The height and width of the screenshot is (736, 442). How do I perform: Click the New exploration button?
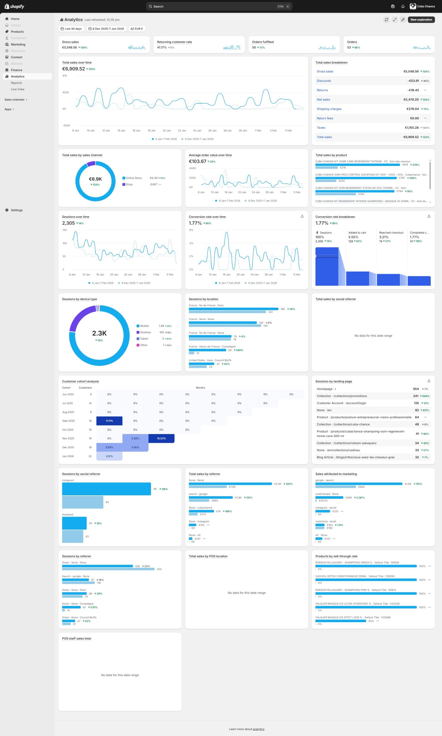421,20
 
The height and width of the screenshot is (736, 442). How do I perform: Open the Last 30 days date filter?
71,29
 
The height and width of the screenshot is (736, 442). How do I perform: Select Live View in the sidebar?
18,89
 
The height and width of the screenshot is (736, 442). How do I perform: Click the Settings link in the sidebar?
17,210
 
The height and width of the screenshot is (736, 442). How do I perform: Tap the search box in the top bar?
219,6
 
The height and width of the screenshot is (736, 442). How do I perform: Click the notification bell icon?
403,7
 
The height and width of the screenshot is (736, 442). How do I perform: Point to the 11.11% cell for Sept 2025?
109,421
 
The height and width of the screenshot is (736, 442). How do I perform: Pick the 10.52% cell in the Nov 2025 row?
161,438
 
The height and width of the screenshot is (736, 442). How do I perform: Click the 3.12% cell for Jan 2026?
109,456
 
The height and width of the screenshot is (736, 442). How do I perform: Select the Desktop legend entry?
145,332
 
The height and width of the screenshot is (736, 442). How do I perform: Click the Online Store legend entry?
133,178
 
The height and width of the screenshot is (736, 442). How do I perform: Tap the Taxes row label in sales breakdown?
321,128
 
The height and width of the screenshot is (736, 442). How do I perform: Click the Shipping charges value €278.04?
412,109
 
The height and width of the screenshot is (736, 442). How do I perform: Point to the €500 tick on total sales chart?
66,92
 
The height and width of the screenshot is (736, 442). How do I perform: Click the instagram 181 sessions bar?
106,489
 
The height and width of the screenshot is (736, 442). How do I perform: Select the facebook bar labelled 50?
74,523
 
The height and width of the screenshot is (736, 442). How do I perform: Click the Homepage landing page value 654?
416,389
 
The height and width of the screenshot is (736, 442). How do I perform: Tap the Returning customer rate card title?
174,42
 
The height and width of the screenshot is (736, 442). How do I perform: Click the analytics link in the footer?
258,729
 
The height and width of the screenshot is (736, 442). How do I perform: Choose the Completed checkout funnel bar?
419,281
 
